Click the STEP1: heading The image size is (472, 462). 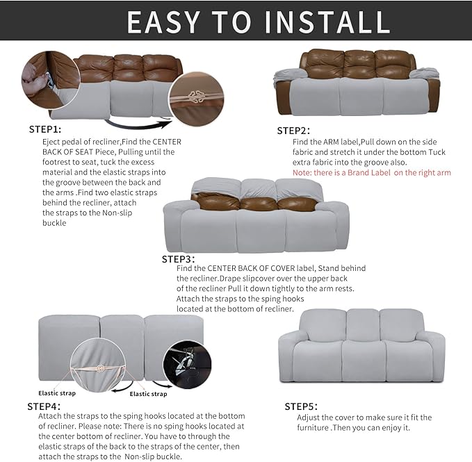(x=45, y=129)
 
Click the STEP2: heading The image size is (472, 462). (x=293, y=131)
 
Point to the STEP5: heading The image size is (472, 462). (x=301, y=406)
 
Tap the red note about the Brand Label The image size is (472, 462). (x=371, y=172)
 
